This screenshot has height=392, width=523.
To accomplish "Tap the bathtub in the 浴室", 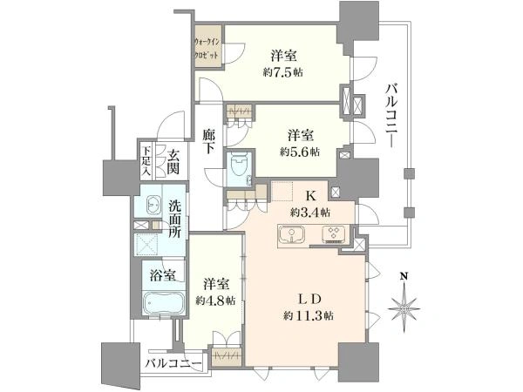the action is point(164,302).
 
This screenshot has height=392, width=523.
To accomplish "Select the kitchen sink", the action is point(292,234).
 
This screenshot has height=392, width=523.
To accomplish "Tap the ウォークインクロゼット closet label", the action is point(207,48).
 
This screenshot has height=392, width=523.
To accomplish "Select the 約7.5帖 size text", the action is point(282,72).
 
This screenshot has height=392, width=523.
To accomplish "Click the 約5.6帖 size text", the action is point(300,152).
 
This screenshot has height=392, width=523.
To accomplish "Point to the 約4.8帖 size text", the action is point(215,301).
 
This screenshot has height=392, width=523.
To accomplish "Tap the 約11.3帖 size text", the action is point(309,315).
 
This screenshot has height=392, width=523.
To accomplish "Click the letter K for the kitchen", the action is point(311,196).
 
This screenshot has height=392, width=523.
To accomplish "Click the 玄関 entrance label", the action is point(173,162).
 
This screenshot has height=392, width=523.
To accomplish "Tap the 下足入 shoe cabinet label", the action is point(146,161).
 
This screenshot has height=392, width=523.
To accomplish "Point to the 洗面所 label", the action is point(175,219).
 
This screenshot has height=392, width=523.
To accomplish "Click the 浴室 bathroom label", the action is point(162,275).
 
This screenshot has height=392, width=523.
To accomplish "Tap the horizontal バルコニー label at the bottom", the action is point(173,363).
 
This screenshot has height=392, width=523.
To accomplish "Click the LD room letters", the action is point(309,299).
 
